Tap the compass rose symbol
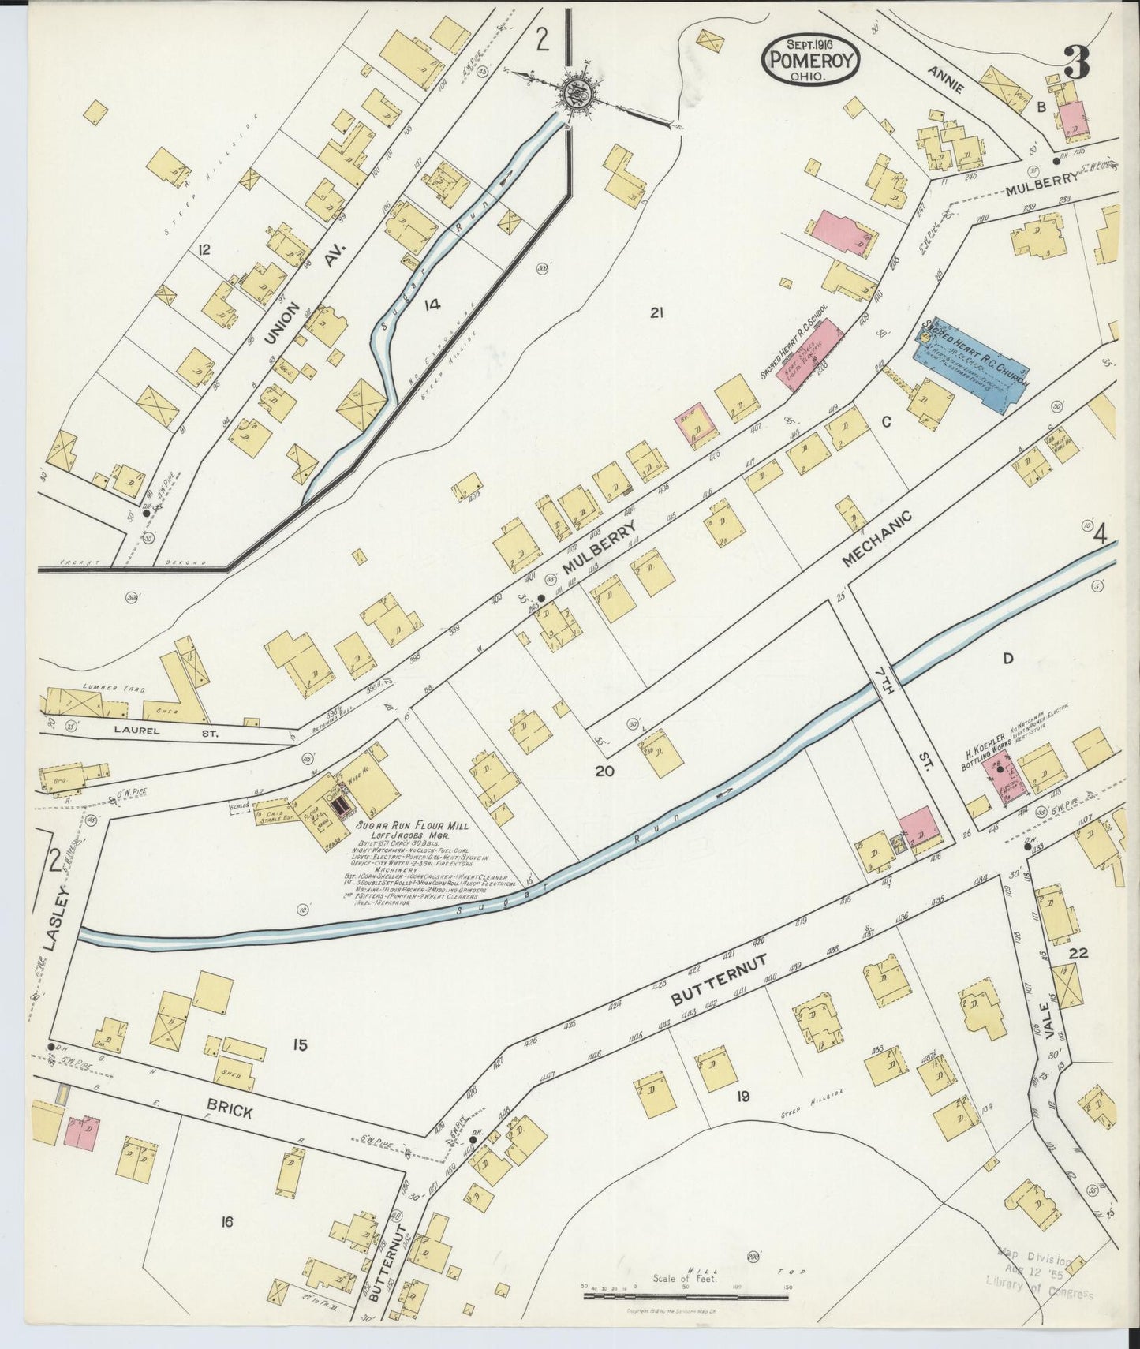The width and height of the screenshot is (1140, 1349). point(574,94)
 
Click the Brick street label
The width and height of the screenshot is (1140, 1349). point(230,1111)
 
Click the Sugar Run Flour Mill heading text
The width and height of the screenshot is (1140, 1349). point(412,825)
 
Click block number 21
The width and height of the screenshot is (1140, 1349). point(656,313)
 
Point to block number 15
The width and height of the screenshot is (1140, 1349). point(299,1046)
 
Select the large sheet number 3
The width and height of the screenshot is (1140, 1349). point(1075,62)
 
